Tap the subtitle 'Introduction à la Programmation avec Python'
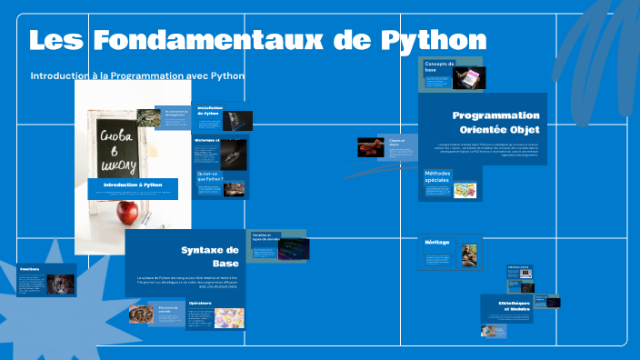137,75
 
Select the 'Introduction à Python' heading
132,185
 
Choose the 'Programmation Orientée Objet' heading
495,122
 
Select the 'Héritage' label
436,242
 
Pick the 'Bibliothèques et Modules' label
518,305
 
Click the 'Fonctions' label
29,269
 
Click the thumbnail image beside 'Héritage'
469,255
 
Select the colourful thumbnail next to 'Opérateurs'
229,318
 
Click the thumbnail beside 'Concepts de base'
469,78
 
